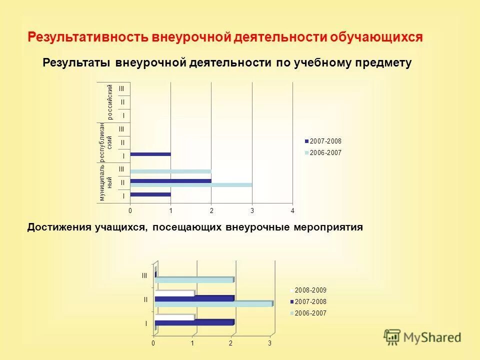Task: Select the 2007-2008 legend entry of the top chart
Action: click(325, 141)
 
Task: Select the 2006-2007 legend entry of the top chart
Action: click(325, 152)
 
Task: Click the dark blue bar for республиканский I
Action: click(150, 154)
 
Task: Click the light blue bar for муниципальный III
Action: click(170, 171)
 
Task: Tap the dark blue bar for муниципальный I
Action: click(150, 194)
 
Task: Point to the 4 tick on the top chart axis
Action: click(293, 210)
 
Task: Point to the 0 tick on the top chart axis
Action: click(130, 210)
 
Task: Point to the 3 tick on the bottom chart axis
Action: click(269, 343)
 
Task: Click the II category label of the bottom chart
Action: click(145, 299)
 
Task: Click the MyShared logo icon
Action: click(392, 337)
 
